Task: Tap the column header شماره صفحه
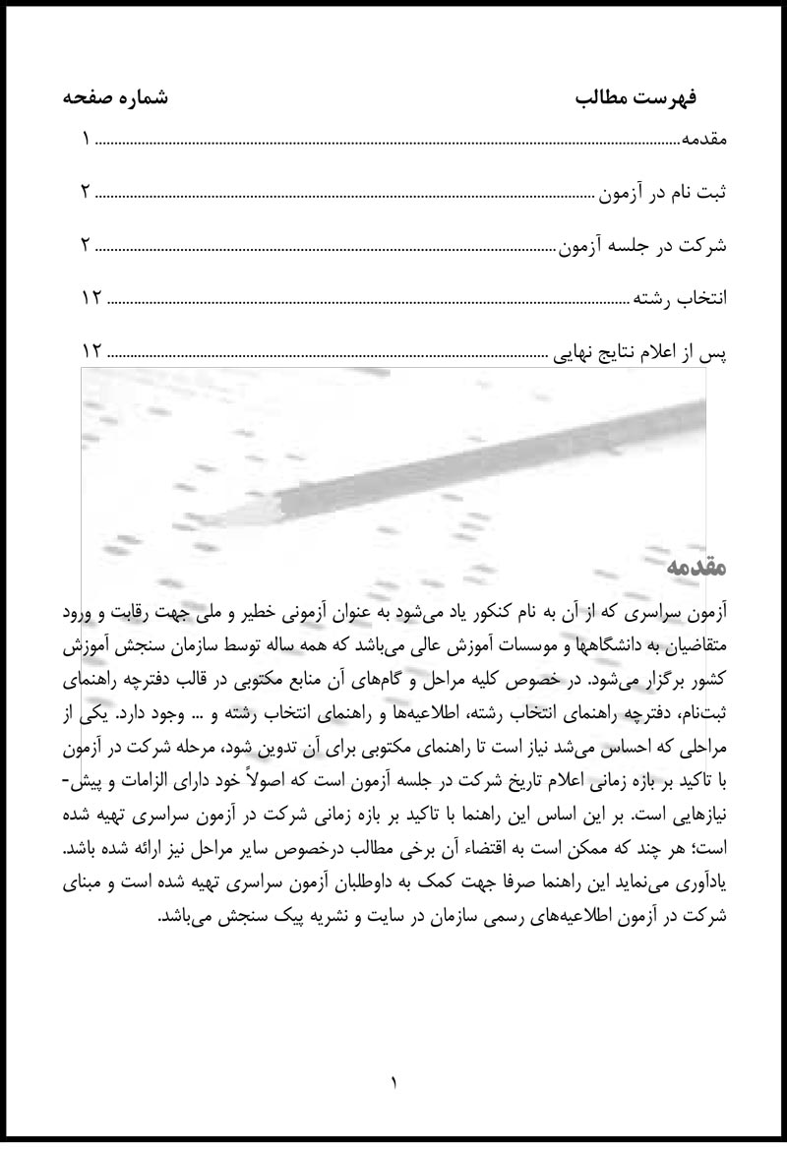[x=115, y=98]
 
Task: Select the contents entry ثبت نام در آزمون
[x=664, y=192]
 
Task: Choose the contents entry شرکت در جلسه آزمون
[x=643, y=245]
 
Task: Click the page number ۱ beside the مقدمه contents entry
[x=87, y=140]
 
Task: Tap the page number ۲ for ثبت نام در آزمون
[x=87, y=192]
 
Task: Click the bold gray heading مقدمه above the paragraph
[x=696, y=568]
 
